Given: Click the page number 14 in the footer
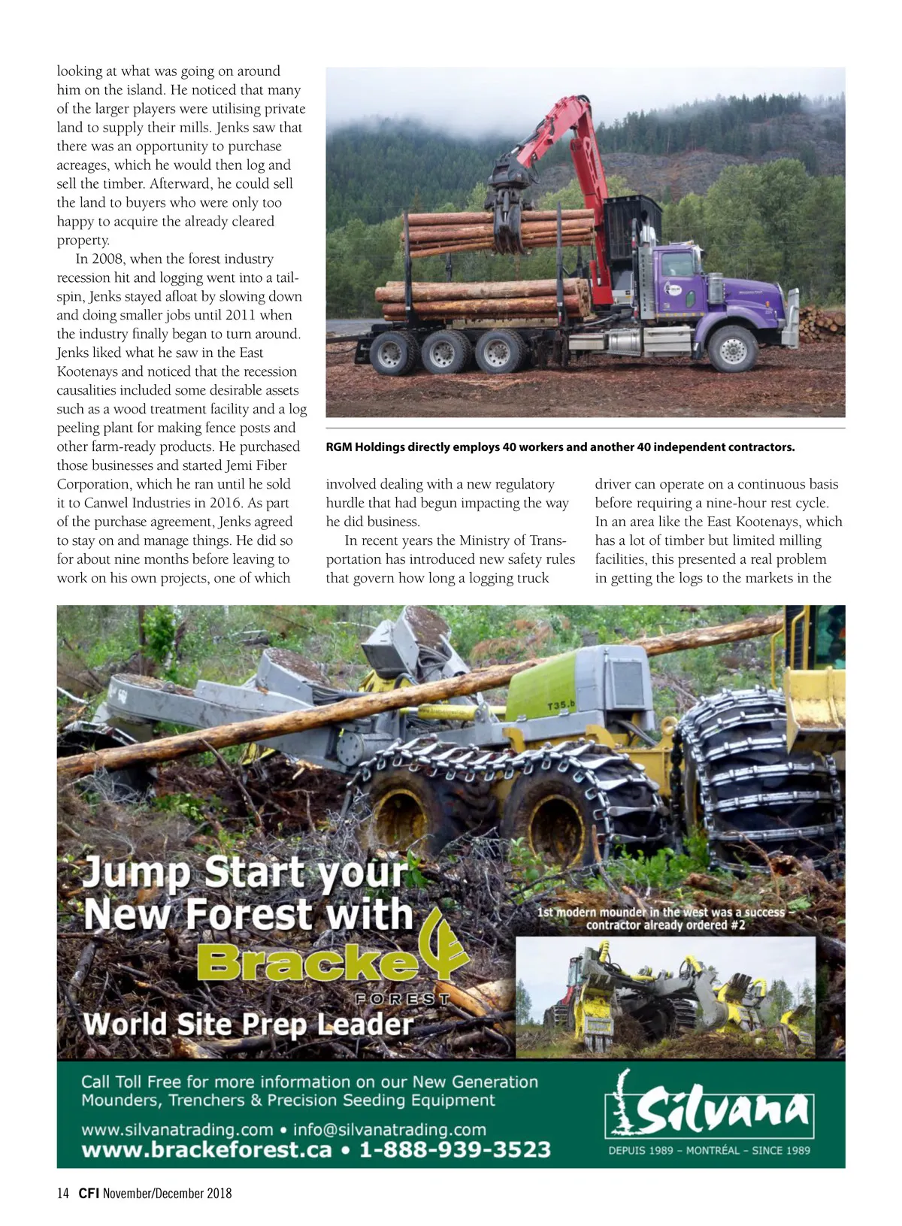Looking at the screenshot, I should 63,1193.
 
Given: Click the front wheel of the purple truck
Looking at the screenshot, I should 731,348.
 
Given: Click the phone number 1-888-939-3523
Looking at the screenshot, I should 455,1150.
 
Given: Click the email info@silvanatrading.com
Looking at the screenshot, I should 389,1129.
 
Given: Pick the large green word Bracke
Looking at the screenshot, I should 308,961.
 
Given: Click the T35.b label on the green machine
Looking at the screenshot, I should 560,705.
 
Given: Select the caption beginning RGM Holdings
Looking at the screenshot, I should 560,447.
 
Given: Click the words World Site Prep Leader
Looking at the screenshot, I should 248,1024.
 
